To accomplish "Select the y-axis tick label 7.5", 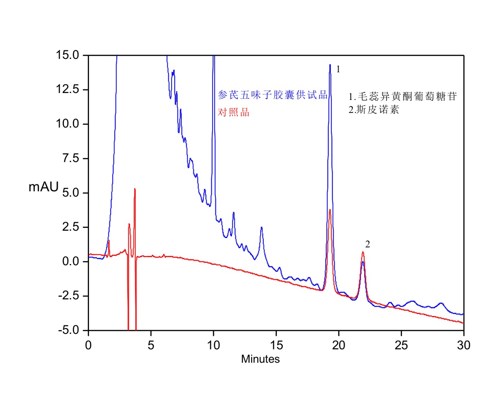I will click(74, 158).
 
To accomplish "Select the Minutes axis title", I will click(260, 359).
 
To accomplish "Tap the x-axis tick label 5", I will click(151, 345).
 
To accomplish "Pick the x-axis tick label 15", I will click(276, 345).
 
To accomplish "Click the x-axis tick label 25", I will click(401, 345).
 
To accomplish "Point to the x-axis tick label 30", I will click(463, 345).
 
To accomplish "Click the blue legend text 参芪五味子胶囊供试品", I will click(272, 95).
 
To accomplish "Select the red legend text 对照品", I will click(234, 113).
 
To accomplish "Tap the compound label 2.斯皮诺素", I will click(374, 110).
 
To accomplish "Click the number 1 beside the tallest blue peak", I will click(338, 69).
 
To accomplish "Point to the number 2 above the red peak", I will click(367, 245).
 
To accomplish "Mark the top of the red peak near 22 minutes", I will click(363, 252).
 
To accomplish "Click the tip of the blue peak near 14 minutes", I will click(261, 227).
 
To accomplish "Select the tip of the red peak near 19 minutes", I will click(330, 210).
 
